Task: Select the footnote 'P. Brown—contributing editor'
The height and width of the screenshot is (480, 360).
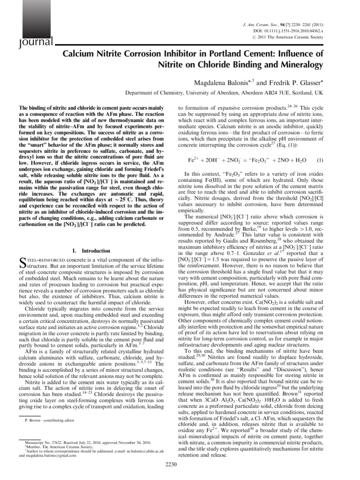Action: tap(49, 420)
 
